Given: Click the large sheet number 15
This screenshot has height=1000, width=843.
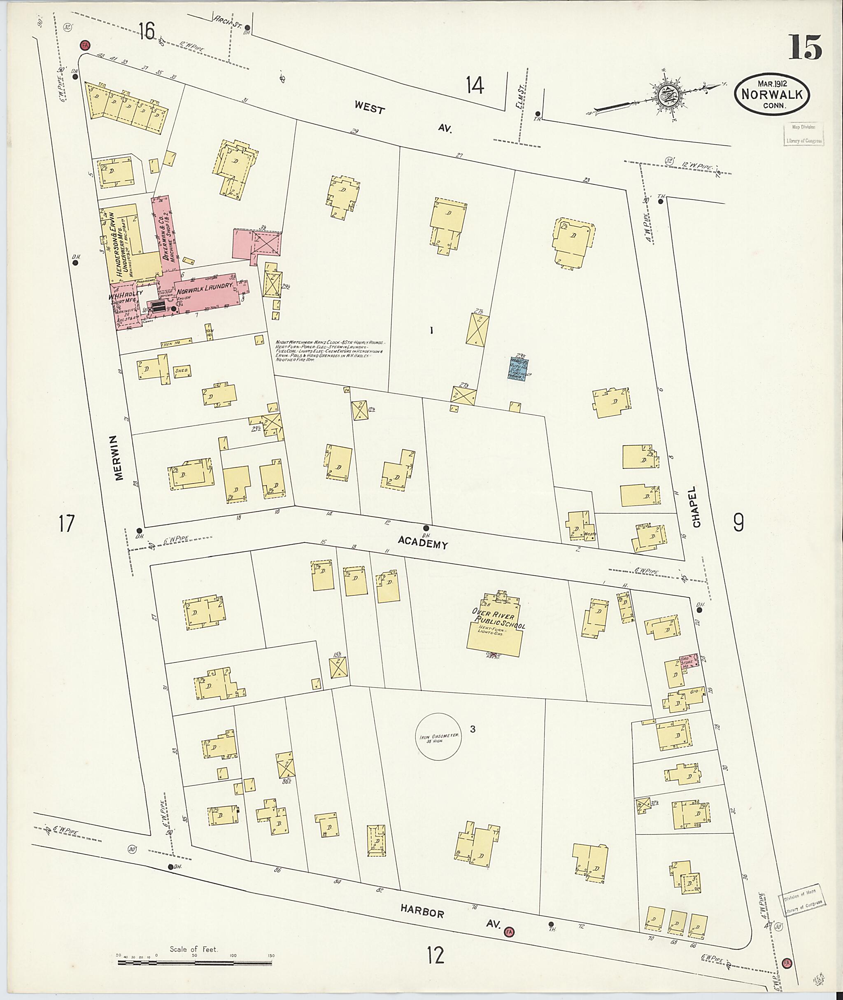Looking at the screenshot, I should [805, 48].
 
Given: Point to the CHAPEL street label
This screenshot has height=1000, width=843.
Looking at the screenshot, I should [696, 511].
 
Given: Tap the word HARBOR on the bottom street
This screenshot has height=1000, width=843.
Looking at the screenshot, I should [424, 912].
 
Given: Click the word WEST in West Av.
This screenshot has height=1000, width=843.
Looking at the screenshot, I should [369, 109].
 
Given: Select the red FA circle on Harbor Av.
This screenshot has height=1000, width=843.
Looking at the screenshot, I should [510, 932].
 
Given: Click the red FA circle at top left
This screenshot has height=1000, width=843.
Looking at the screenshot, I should [85, 45].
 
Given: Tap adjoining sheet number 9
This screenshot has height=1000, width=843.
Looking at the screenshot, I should [738, 522].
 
